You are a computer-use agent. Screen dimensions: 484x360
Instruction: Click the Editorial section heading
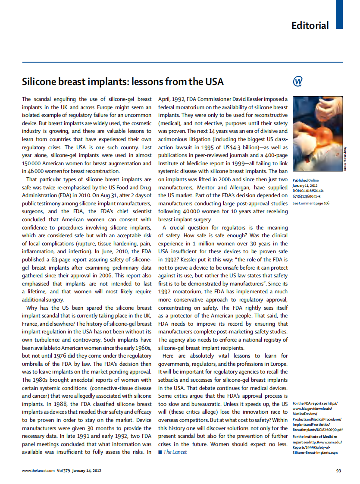[x=310, y=25]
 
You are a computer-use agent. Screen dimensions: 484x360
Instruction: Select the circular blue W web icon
[x=297, y=81]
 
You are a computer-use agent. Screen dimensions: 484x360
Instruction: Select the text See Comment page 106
[x=310, y=203]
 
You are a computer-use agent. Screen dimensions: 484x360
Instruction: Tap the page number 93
[x=338, y=471]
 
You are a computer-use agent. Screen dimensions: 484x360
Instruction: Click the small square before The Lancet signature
[x=160, y=452]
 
